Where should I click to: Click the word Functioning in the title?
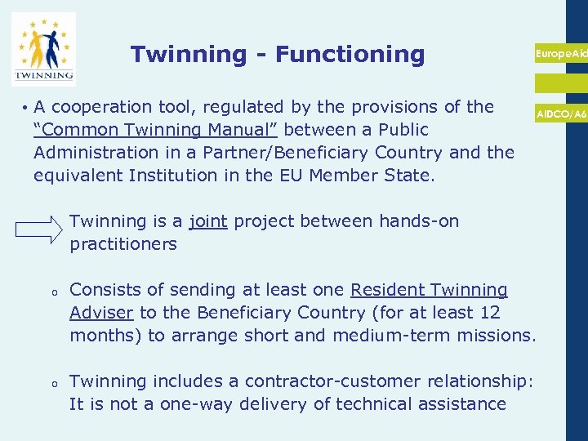[x=350, y=55]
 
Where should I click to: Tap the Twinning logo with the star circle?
[x=44, y=49]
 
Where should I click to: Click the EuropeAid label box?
[x=560, y=53]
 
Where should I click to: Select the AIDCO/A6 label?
[x=561, y=114]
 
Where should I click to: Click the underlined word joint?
[x=207, y=221]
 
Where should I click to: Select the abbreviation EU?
[x=332, y=176]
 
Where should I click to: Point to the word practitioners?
[x=123, y=244]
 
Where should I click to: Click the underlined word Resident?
[x=387, y=290]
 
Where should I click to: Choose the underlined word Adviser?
[x=102, y=313]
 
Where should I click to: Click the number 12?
[x=489, y=313]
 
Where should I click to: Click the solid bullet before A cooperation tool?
[x=26, y=108]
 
